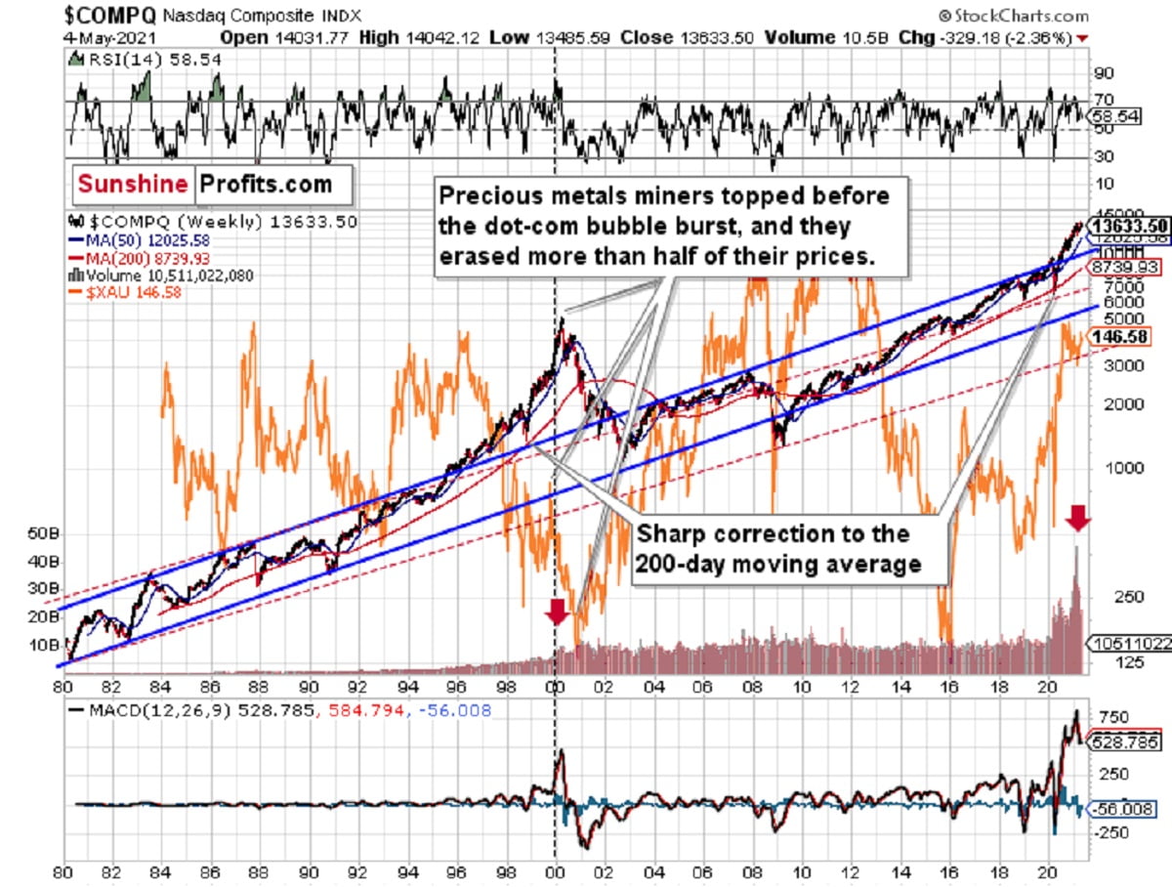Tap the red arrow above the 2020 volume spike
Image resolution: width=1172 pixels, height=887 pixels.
[1076, 517]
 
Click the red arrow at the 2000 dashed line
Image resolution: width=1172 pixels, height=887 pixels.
[557, 612]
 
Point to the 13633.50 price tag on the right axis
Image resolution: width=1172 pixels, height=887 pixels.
[1129, 225]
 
